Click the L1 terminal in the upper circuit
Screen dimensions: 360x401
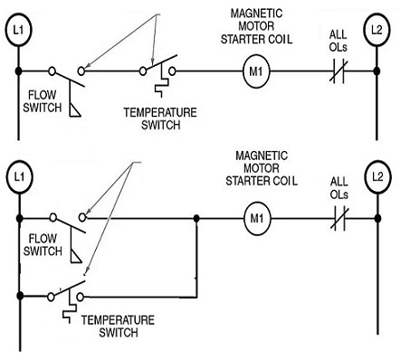click(x=18, y=30)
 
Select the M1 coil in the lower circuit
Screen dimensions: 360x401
click(x=257, y=218)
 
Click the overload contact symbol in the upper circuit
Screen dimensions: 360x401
click(x=338, y=70)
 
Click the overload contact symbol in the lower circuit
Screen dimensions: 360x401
click(x=338, y=218)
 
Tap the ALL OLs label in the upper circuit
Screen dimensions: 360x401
click(x=338, y=41)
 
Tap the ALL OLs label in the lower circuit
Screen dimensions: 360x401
click(x=338, y=188)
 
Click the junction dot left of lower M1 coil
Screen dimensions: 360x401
click(x=196, y=218)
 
